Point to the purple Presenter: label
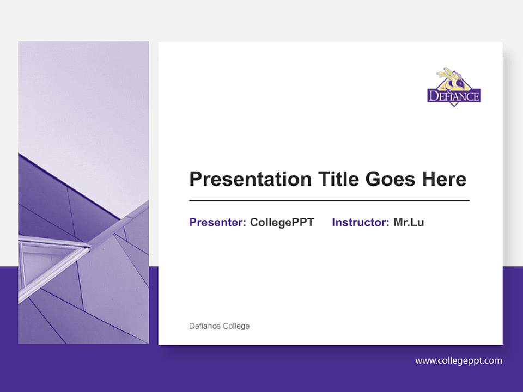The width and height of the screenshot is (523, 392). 217,222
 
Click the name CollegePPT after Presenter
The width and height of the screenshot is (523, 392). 282,222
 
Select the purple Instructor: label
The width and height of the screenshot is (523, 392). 360,222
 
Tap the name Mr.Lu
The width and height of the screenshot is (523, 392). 409,222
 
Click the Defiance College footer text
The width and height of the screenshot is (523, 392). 219,326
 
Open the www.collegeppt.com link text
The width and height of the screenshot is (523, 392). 459,360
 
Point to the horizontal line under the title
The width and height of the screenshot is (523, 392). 329,201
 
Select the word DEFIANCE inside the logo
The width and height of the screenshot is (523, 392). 454,97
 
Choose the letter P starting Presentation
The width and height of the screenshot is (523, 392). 194,179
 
